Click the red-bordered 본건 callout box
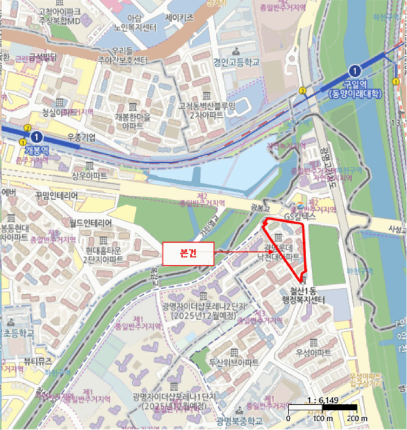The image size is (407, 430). (x=188, y=253)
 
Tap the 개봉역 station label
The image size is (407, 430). (x=35, y=150)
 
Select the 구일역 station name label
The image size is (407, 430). (x=354, y=85)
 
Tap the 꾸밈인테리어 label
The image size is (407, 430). (x=56, y=196)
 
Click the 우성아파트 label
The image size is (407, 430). (x=313, y=353)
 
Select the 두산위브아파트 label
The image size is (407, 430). (x=234, y=362)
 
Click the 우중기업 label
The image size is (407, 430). (x=82, y=138)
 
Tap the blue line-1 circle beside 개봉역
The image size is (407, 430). (x=37, y=137)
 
